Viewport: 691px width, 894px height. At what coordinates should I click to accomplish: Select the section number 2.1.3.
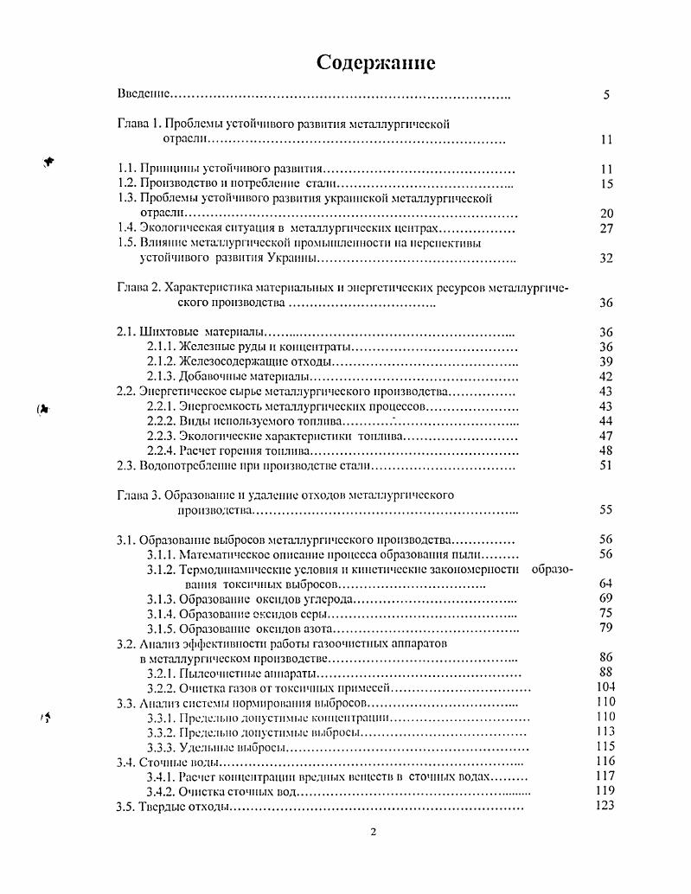(162, 376)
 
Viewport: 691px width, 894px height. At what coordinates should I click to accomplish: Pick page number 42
(605, 376)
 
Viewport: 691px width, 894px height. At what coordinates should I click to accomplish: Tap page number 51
(605, 465)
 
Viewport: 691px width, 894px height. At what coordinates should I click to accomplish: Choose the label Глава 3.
(138, 495)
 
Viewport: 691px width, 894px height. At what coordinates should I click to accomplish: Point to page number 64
(605, 584)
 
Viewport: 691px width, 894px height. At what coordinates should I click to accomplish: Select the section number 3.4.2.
(162, 791)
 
